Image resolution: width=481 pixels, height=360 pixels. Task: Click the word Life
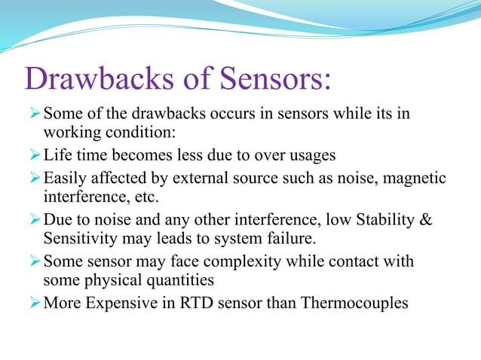(57, 156)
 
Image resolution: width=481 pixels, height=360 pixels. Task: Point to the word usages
(309, 156)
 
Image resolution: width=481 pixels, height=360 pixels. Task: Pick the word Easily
(65, 179)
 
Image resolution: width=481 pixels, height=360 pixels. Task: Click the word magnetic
(414, 179)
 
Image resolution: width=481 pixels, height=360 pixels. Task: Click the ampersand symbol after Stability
(424, 221)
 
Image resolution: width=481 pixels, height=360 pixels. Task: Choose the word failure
(286, 238)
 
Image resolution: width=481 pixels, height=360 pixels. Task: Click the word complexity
(243, 262)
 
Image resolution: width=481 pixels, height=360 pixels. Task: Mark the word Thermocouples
(354, 304)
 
